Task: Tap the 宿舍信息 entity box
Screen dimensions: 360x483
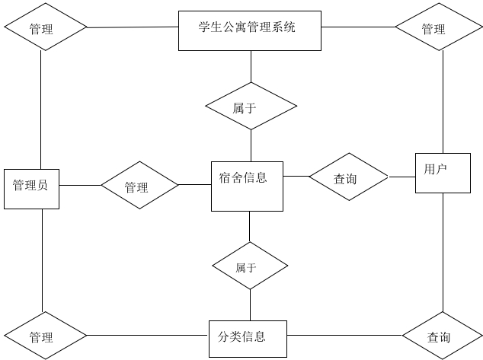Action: pyautogui.click(x=247, y=186)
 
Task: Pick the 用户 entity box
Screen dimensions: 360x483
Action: pyautogui.click(x=443, y=173)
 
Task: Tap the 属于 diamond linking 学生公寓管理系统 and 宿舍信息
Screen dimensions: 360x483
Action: pyautogui.click(x=251, y=107)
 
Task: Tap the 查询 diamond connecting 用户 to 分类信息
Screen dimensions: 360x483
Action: pyautogui.click(x=440, y=336)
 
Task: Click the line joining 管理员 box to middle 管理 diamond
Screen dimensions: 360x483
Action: pyautogui.click(x=80, y=185)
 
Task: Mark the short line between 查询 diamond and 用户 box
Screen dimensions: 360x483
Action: pyautogui.click(x=401, y=177)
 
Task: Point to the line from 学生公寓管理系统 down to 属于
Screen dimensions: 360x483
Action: pyautogui.click(x=251, y=67)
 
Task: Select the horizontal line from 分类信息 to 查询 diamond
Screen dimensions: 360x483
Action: pyautogui.click(x=343, y=336)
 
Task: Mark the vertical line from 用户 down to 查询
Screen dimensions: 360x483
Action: pyautogui.click(x=443, y=251)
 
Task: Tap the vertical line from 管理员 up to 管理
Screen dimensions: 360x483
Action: pyautogui.click(x=42, y=107)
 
